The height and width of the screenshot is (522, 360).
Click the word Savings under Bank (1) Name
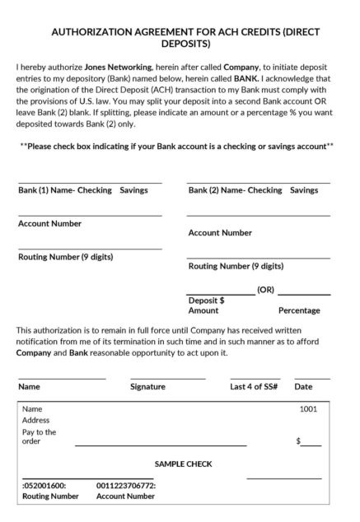tap(134, 190)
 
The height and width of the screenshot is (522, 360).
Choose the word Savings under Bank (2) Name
tap(304, 190)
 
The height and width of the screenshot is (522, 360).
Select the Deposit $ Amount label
tap(204, 305)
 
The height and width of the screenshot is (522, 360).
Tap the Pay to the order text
tap(35, 436)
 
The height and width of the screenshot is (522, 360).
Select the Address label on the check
tap(37, 419)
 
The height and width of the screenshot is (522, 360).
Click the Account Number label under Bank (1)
tap(49, 223)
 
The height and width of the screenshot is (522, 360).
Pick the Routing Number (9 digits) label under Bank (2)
tap(236, 266)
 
